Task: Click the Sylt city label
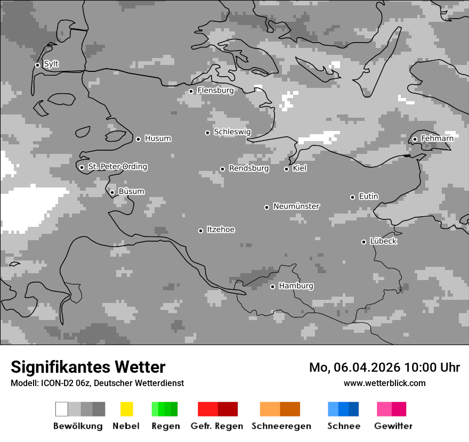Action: [x=51, y=64]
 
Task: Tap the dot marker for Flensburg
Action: [x=191, y=91]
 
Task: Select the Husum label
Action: [x=158, y=139]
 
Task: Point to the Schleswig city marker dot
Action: [x=207, y=133]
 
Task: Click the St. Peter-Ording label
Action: [x=117, y=167]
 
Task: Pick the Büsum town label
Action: [x=131, y=192]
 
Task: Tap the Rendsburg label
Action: [x=249, y=169]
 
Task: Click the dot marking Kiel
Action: [x=286, y=169]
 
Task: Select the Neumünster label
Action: [x=296, y=207]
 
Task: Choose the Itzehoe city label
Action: [x=221, y=230]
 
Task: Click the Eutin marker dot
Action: [x=352, y=197]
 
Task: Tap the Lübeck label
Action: [x=383, y=242]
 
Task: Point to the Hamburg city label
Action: [x=296, y=287]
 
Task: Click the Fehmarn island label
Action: [x=437, y=139]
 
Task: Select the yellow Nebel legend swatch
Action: [x=126, y=409]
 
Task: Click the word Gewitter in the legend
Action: [x=393, y=426]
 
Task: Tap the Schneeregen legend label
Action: [x=281, y=426]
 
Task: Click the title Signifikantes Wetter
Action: [x=88, y=367]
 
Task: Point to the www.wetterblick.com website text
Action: [x=384, y=383]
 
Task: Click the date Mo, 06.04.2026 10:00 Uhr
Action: [x=384, y=367]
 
